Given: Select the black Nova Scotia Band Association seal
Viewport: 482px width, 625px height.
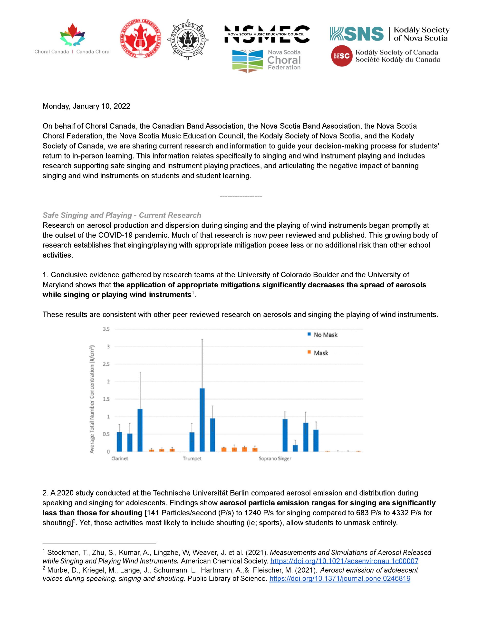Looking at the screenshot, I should [187, 40].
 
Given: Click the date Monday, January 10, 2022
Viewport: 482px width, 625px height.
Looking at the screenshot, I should [86, 106].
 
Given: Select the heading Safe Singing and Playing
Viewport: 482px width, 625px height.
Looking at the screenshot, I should [122, 215].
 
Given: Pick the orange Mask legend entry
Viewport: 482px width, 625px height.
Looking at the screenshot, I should [318, 353].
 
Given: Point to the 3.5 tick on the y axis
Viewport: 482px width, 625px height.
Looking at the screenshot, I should [106, 329].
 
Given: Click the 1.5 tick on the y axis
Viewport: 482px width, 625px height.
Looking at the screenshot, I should [106, 399].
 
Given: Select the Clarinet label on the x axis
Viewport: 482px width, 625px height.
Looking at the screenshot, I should [120, 458].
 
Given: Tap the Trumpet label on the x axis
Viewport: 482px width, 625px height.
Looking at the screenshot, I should [192, 458].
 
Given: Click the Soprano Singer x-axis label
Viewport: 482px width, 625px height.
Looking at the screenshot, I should [275, 458].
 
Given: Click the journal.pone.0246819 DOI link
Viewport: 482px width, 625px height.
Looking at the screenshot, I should [340, 579].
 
